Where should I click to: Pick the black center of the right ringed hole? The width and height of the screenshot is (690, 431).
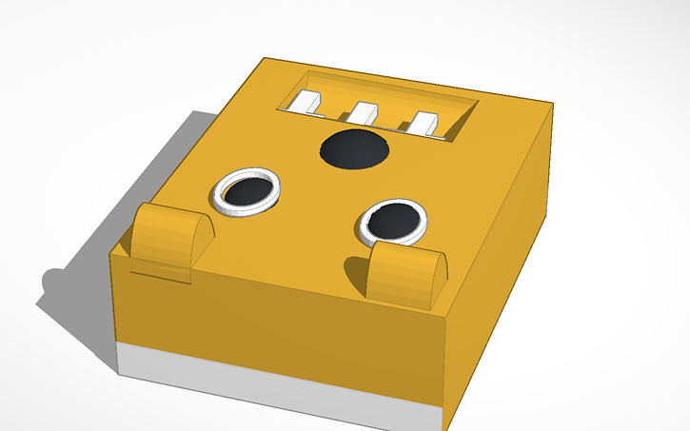[x=392, y=221]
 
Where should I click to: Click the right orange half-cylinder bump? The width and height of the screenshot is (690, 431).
[x=407, y=270]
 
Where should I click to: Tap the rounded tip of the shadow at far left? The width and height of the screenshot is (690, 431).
[x=48, y=282]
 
